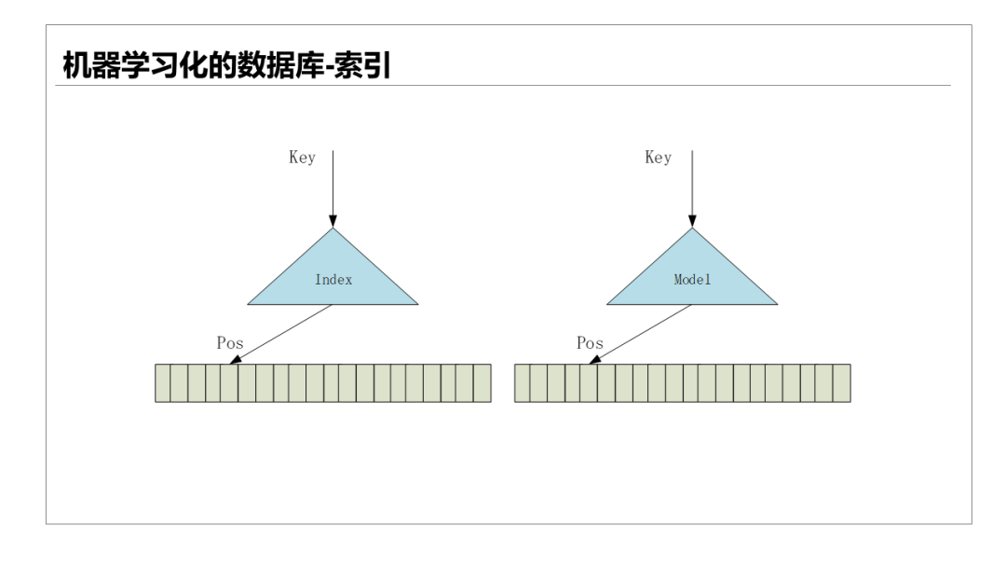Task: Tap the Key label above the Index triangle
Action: click(x=302, y=158)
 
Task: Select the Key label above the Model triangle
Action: click(x=658, y=158)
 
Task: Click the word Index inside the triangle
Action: click(x=333, y=280)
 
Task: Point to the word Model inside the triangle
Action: click(x=692, y=280)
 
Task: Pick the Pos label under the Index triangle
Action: click(x=230, y=343)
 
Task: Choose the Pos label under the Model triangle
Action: click(x=590, y=343)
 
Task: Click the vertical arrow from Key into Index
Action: click(x=333, y=187)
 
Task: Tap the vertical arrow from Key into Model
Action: click(x=692, y=187)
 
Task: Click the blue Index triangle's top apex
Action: click(x=333, y=229)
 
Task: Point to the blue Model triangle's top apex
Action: click(x=692, y=229)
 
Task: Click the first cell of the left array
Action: click(x=163, y=383)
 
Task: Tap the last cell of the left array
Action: click(x=482, y=383)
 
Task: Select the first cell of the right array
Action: click(x=522, y=383)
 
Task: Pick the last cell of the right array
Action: click(x=841, y=383)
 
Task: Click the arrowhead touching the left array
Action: click(x=235, y=360)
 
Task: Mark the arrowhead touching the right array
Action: click(x=594, y=360)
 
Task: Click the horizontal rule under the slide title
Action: click(x=503, y=86)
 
